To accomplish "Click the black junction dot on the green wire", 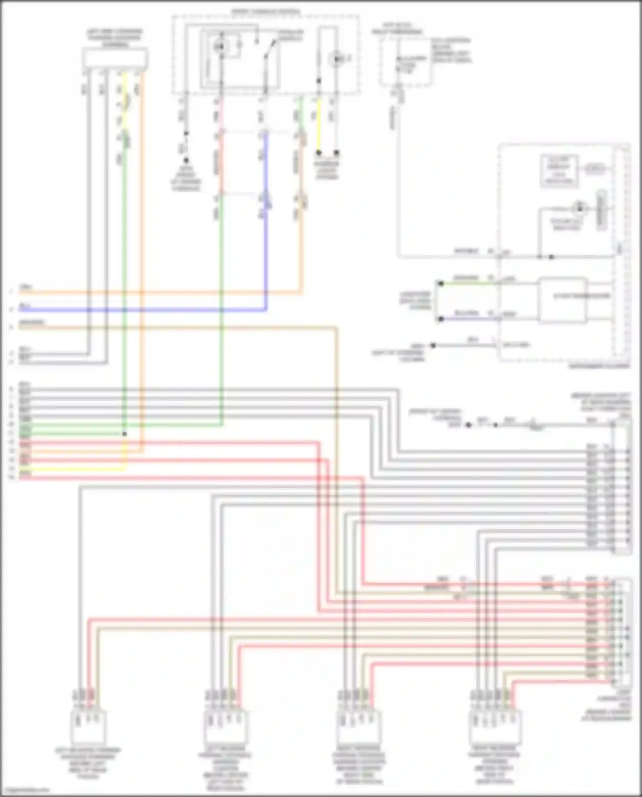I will click(x=125, y=434).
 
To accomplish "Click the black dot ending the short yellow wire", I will click(x=318, y=153).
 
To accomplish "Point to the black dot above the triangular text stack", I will click(x=186, y=161).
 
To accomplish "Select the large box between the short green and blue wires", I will click(x=562, y=300).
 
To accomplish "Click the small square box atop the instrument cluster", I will click(x=559, y=170).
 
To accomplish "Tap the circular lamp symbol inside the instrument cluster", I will click(x=580, y=208).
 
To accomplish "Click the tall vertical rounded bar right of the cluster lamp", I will click(x=602, y=210).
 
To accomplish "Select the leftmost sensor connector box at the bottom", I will click(x=89, y=726).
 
